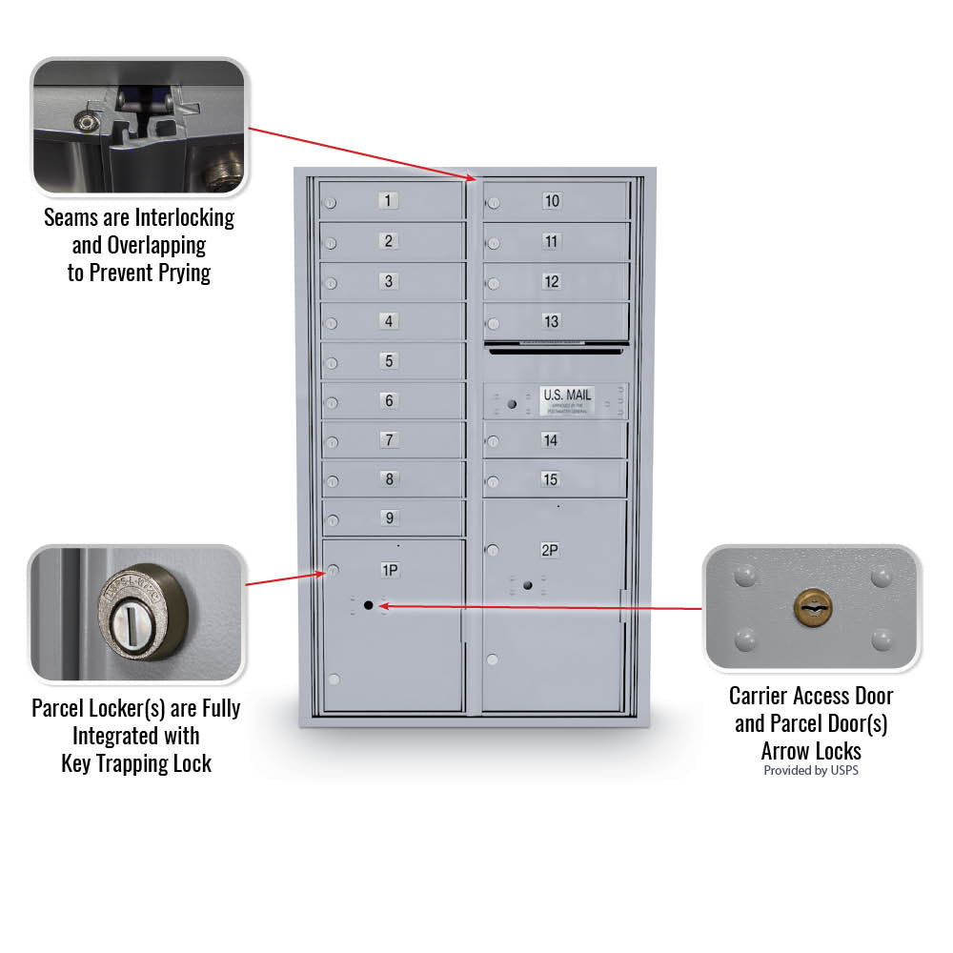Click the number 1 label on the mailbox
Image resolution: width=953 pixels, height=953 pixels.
[389, 200]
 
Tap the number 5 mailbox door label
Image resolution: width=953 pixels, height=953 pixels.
[389, 361]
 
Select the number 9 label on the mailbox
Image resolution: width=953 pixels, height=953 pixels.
[389, 518]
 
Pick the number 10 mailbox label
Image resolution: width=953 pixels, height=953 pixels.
[552, 200]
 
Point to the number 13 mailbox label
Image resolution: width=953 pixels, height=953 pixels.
[552, 321]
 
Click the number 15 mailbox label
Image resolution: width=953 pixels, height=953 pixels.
[550, 479]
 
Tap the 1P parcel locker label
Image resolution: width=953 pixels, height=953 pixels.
[390, 571]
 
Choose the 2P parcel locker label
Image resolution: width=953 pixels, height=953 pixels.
[550, 550]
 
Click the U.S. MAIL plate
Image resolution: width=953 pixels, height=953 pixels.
[567, 400]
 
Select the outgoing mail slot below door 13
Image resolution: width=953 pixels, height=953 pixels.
[557, 349]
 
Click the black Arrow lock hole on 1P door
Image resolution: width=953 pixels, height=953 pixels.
[368, 605]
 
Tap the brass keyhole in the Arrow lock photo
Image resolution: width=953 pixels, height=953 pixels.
[811, 607]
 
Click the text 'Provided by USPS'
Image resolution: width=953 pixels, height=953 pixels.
[810, 770]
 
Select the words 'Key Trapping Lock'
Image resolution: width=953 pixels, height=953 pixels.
[136, 763]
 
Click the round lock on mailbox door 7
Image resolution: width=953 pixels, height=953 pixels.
[331, 441]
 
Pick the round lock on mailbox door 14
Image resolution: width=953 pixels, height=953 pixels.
[493, 441]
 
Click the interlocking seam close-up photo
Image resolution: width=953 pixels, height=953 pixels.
[139, 126]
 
